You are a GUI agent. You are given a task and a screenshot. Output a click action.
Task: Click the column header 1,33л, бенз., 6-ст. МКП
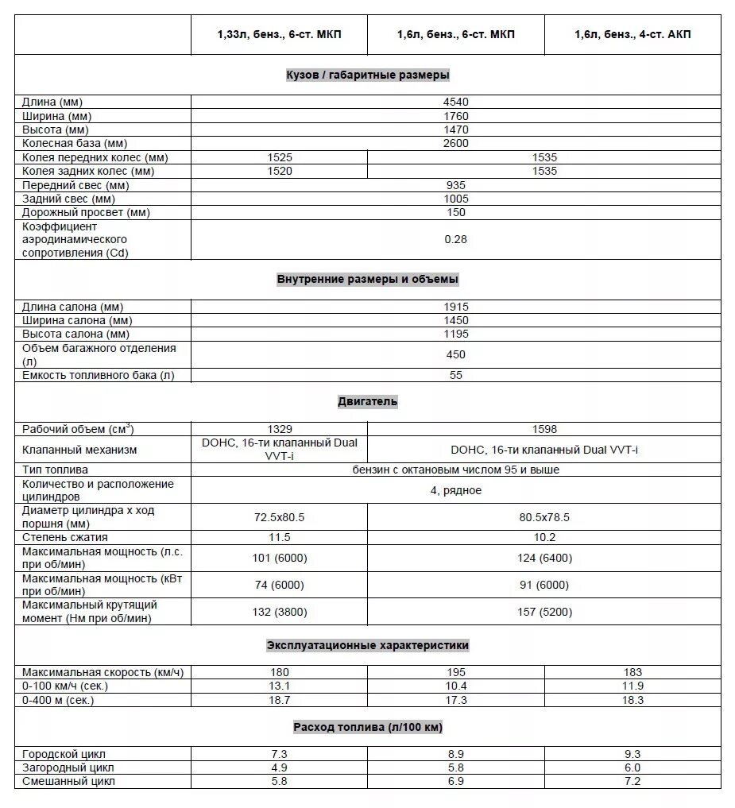pyautogui.click(x=279, y=35)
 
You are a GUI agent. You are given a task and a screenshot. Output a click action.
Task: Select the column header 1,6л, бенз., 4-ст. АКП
pyautogui.click(x=632, y=35)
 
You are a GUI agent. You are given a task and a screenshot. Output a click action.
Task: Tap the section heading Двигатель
pyautogui.click(x=367, y=402)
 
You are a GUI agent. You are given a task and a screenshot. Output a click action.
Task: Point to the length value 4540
pyautogui.click(x=456, y=102)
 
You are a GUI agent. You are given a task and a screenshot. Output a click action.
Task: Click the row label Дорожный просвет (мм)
pyautogui.click(x=87, y=212)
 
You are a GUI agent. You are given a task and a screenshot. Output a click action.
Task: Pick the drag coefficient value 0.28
pyautogui.click(x=456, y=239)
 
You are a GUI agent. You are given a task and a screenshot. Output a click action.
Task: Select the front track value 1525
pyautogui.click(x=279, y=157)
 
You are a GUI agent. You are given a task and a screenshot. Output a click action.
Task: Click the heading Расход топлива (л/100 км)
pyautogui.click(x=367, y=727)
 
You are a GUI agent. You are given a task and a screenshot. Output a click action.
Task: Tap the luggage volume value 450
pyautogui.click(x=456, y=354)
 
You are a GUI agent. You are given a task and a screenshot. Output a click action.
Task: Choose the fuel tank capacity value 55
pyautogui.click(x=456, y=375)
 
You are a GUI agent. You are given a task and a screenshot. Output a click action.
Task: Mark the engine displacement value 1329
pyautogui.click(x=279, y=429)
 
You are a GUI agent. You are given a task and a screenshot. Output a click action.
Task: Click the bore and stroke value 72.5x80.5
pyautogui.click(x=279, y=517)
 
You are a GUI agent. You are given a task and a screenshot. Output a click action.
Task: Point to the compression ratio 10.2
pyautogui.click(x=544, y=537)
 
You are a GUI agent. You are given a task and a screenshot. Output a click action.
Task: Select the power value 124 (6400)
pyautogui.click(x=544, y=558)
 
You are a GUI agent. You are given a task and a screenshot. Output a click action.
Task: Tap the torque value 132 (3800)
pyautogui.click(x=279, y=612)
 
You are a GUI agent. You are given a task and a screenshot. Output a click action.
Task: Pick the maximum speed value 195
pyautogui.click(x=456, y=672)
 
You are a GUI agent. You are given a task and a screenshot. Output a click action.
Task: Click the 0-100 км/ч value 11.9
pyautogui.click(x=632, y=686)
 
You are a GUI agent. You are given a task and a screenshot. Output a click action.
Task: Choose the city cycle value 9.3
pyautogui.click(x=632, y=754)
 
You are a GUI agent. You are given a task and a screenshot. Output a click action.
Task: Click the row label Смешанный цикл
pyautogui.click(x=69, y=781)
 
